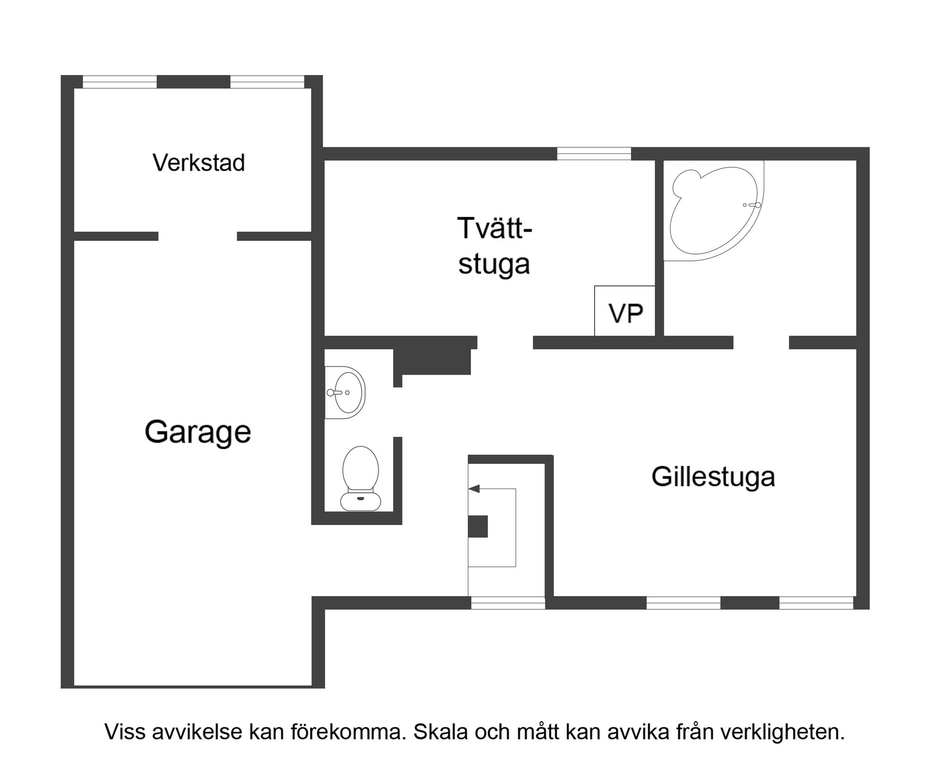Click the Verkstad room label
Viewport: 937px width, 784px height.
pos(199,163)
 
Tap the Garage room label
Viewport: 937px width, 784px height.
pos(198,432)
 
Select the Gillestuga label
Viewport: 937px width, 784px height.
pos(713,477)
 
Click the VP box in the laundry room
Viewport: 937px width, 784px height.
pos(625,312)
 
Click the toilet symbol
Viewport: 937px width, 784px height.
pos(361,479)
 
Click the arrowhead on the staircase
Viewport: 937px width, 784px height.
pos(474,488)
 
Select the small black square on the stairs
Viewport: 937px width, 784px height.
pos(478,526)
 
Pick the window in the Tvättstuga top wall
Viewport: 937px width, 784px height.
pos(594,154)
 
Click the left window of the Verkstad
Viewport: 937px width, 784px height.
pos(120,82)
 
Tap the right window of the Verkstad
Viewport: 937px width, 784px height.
pos(267,82)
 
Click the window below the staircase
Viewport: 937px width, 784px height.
pos(508,603)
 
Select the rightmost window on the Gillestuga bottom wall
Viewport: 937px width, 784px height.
pos(816,603)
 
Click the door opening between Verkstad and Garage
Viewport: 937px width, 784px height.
pos(198,237)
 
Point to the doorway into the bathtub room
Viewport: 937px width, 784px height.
pos(761,342)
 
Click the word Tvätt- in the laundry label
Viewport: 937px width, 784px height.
pos(494,228)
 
